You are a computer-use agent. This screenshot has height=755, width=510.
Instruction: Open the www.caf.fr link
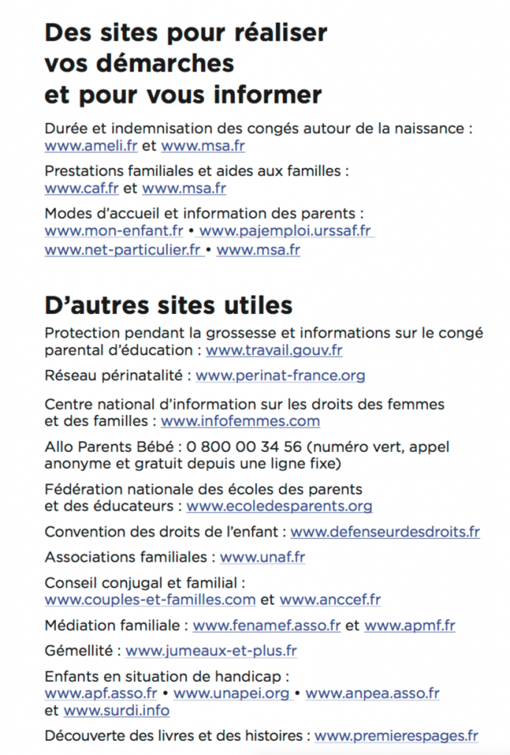[81, 188]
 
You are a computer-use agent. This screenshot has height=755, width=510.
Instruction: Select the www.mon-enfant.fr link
[113, 231]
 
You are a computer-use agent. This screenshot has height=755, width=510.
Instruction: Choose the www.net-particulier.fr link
[122, 250]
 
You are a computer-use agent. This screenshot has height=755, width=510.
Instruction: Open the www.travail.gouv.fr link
[273, 351]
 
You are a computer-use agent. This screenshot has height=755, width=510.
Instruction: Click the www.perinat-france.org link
[280, 376]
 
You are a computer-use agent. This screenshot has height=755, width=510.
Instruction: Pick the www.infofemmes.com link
[240, 422]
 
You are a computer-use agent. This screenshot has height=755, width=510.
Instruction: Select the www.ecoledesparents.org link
[279, 507]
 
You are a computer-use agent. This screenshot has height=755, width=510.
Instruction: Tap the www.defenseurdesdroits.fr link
[385, 532]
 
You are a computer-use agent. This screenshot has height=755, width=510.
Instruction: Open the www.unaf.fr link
[262, 557]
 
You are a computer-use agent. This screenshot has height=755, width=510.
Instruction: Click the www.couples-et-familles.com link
[150, 600]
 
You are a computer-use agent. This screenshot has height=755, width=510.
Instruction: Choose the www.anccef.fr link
[330, 600]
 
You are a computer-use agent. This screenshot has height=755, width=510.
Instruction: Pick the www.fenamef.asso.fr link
[267, 626]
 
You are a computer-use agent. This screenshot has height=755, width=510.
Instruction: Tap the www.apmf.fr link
[409, 626]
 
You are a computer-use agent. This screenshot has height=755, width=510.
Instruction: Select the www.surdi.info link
[116, 711]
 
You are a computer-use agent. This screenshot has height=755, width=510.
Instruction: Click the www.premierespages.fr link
[396, 736]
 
